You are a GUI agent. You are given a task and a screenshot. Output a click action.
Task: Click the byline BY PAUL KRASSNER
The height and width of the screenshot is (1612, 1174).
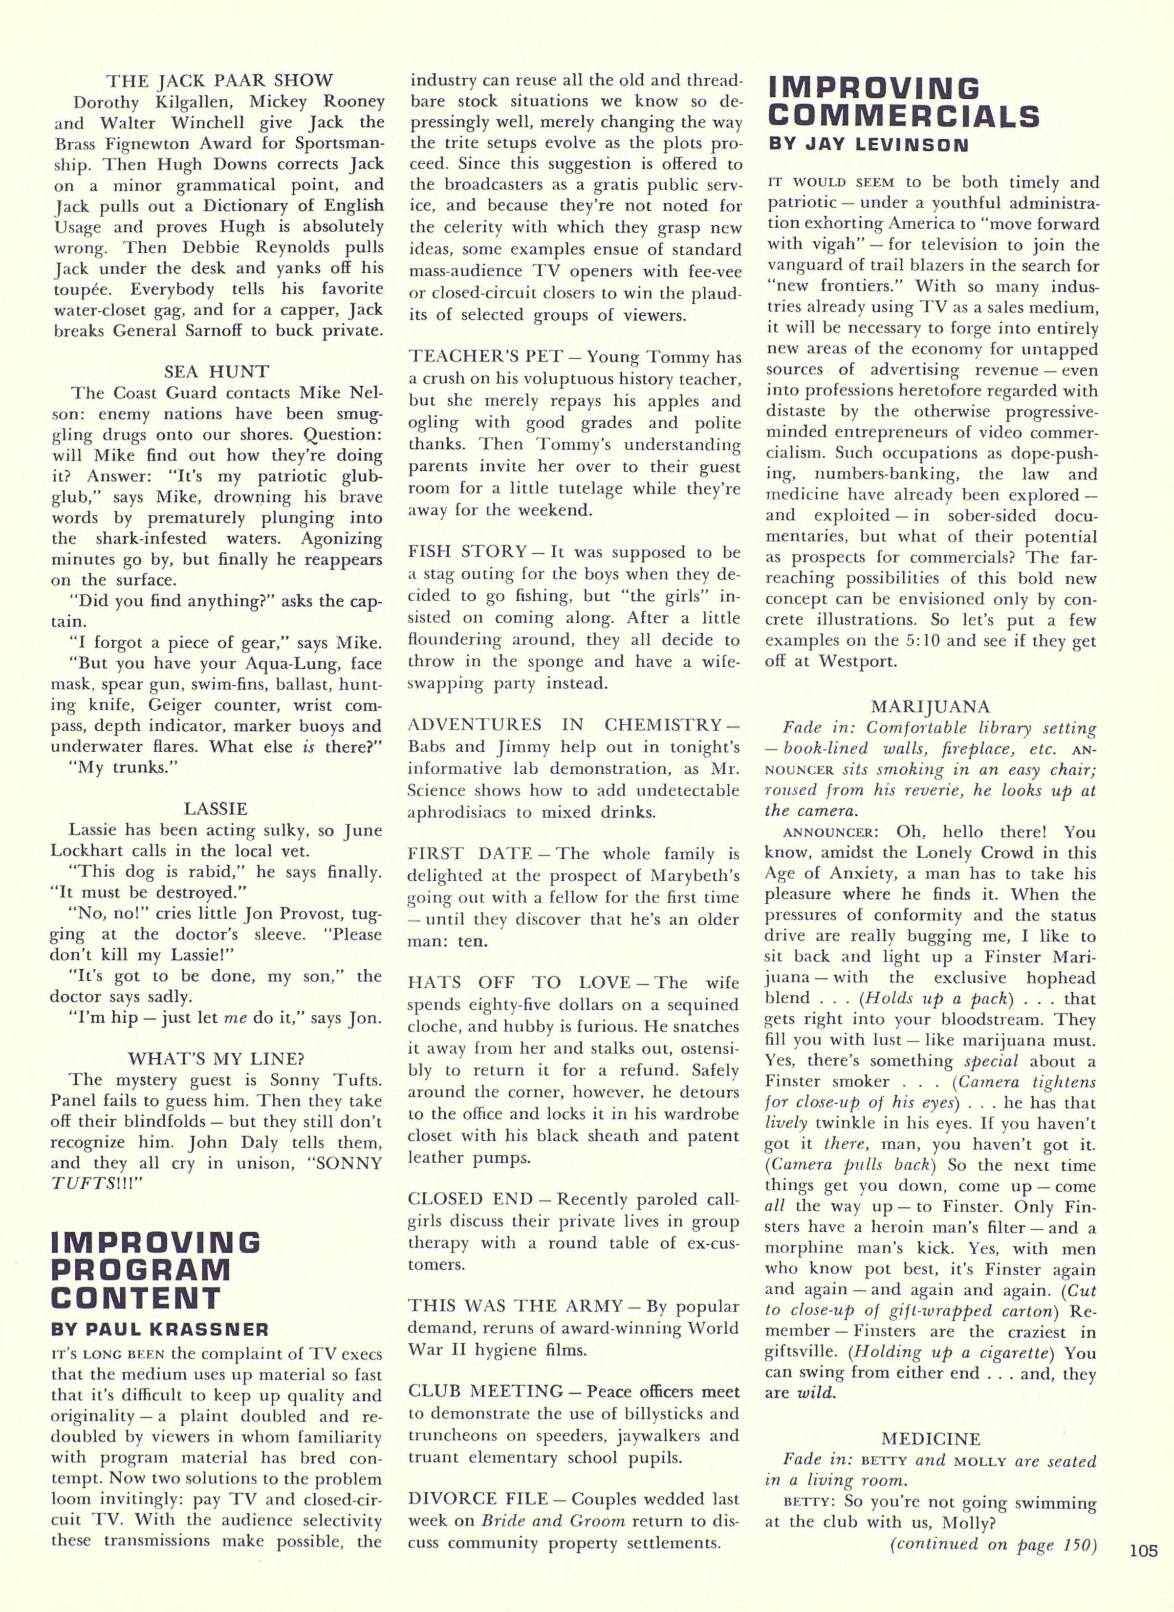[x=160, y=1329]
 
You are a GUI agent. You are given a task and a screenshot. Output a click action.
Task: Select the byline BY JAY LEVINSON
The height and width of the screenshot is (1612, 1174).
[x=869, y=145]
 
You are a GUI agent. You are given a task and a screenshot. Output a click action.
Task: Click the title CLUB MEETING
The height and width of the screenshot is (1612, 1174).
[x=485, y=1391]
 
